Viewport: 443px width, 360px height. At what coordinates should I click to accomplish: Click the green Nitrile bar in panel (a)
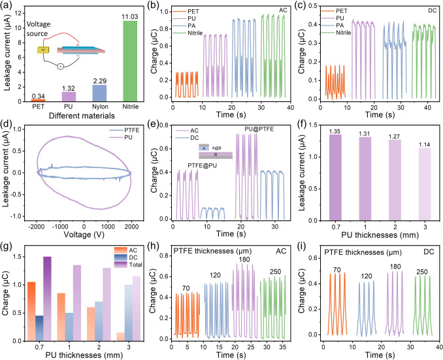(x=130, y=61)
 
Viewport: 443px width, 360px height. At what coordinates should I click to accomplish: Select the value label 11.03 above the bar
(x=129, y=17)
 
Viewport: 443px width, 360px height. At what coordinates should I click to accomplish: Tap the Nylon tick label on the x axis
(x=100, y=106)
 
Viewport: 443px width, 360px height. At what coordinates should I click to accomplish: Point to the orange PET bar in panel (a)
(x=38, y=100)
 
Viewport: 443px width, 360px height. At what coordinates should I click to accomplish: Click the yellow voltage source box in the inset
(x=43, y=50)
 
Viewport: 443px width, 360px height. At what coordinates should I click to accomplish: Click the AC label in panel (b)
(x=283, y=10)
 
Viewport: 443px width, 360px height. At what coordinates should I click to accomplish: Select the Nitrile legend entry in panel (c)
(x=336, y=33)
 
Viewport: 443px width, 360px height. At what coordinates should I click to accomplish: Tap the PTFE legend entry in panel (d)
(x=125, y=130)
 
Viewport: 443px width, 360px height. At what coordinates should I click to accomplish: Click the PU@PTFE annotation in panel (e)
(x=259, y=129)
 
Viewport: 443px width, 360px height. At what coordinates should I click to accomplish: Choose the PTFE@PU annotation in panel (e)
(x=203, y=165)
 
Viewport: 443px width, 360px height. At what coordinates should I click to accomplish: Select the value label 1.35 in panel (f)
(x=335, y=131)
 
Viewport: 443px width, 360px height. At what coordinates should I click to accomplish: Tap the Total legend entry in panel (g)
(x=128, y=265)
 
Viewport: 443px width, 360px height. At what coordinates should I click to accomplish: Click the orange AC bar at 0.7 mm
(x=31, y=312)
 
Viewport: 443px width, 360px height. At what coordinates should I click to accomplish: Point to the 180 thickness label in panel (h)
(x=244, y=259)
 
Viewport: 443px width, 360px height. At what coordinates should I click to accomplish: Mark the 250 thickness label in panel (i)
(x=422, y=272)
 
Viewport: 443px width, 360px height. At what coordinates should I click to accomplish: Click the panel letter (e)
(x=154, y=125)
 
